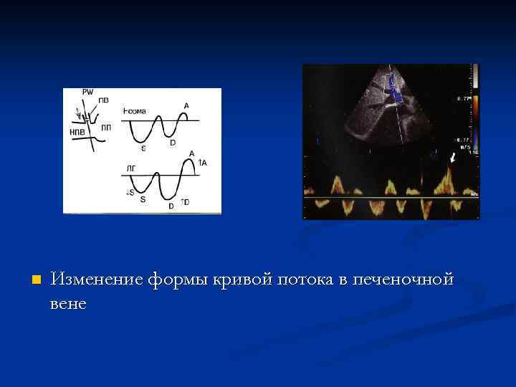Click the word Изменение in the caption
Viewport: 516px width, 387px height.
coord(97,279)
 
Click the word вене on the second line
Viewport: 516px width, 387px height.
coord(68,303)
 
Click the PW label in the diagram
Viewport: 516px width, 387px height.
coord(87,92)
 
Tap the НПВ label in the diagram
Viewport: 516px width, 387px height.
coord(77,132)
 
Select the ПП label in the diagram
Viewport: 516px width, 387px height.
coord(106,128)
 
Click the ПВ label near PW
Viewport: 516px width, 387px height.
coord(104,100)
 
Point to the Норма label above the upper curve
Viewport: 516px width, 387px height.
coord(135,111)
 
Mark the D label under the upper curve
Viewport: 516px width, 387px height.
coord(172,142)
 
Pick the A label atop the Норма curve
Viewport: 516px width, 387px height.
coord(186,106)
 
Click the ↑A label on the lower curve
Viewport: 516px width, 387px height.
coord(202,163)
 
